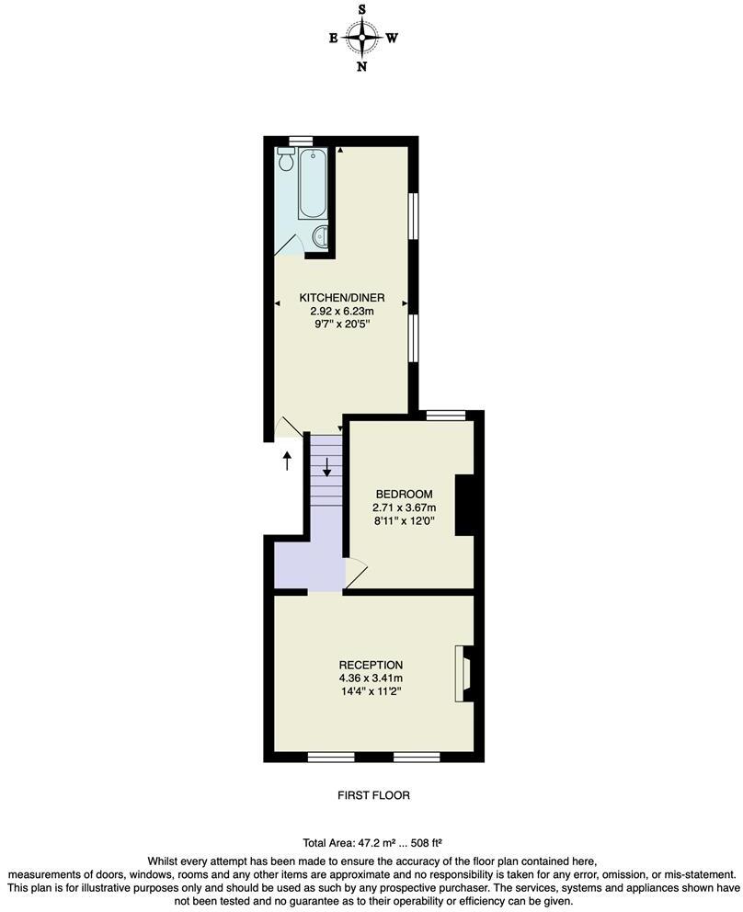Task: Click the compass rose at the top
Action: [363, 38]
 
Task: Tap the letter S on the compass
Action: [363, 10]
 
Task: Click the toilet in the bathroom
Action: [286, 161]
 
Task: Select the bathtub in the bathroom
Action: [312, 183]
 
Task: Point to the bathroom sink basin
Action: [318, 237]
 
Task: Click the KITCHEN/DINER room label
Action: [341, 298]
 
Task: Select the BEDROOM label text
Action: [403, 495]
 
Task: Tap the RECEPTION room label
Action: [371, 665]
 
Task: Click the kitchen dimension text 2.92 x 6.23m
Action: [341, 311]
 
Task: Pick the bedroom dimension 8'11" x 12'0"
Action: [403, 520]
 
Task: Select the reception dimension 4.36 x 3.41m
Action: [371, 678]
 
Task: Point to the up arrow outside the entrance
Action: [287, 460]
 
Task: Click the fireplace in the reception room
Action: [463, 674]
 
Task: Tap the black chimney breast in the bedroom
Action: [465, 504]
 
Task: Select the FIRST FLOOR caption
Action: [371, 795]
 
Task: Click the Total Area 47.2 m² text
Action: [371, 842]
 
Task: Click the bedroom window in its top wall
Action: [447, 416]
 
